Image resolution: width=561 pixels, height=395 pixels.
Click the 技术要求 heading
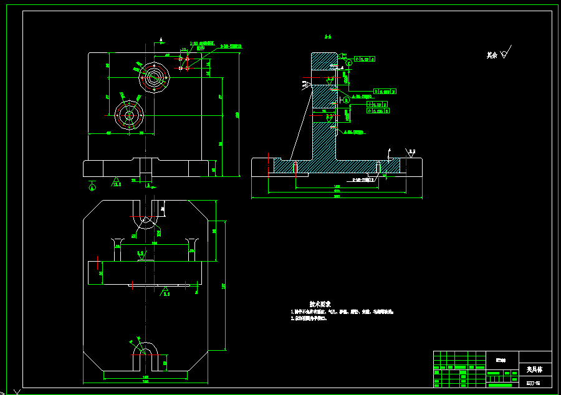tap(319, 303)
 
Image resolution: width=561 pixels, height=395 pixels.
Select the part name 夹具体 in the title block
tap(534, 369)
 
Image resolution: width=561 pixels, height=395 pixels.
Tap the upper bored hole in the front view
tap(154, 77)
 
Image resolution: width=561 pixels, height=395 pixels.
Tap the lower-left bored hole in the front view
tap(129, 115)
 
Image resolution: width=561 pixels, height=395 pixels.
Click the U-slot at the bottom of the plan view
tap(148, 356)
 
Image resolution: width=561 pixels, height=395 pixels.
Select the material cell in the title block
tap(501, 360)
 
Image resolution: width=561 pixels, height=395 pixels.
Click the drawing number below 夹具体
tap(534, 382)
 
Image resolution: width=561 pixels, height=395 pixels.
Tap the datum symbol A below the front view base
tap(93, 185)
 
